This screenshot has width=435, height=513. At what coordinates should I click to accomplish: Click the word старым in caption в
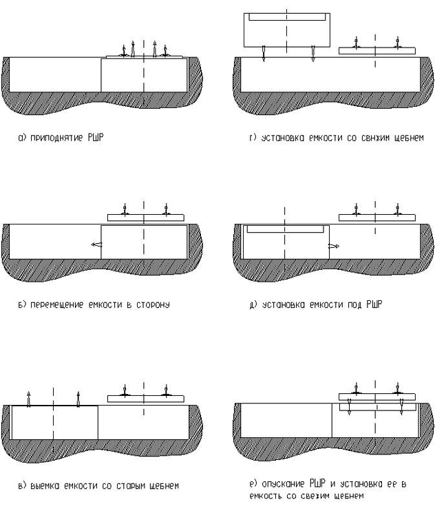point(134,486)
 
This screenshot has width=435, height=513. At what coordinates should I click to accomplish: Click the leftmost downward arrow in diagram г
point(264,53)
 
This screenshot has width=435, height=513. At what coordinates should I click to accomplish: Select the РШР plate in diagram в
point(145,398)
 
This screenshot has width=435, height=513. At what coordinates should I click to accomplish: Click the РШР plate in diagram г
point(377,50)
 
